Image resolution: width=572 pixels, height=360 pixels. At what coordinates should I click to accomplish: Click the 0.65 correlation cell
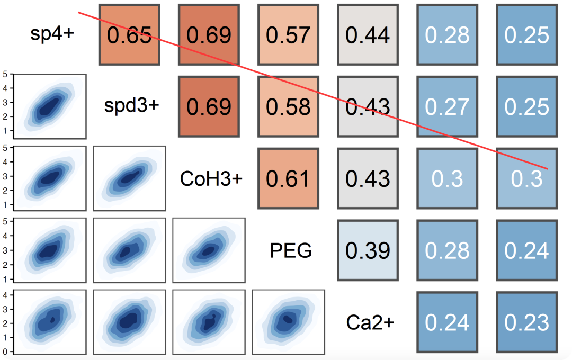pos(129,34)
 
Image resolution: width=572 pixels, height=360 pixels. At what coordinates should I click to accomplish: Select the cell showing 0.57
pos(288,34)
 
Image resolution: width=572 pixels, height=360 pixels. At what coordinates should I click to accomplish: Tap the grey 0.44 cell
pos(368,34)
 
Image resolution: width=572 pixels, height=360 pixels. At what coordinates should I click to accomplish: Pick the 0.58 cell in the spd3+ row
pos(288,106)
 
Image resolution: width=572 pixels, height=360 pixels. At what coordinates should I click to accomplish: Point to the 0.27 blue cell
pos(447,106)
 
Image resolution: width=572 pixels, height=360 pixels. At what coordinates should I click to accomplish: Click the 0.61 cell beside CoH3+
pos(288,178)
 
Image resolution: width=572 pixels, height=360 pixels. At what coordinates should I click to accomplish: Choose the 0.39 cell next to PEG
pos(368,250)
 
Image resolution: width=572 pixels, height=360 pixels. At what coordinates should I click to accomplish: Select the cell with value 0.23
pos(527,322)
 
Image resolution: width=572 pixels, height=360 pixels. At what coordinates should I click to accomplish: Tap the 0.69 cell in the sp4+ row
pos(209,34)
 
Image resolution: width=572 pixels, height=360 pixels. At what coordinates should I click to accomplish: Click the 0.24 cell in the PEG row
pos(527,250)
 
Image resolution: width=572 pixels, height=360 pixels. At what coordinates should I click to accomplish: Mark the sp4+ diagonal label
pos(52,34)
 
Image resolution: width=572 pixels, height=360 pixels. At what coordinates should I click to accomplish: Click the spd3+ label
pos(132,106)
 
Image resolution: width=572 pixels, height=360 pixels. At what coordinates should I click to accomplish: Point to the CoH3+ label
pos(211,178)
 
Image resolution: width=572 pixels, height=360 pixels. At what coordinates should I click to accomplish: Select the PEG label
pos(291,250)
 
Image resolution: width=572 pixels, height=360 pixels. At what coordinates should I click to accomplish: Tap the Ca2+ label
pos(370,322)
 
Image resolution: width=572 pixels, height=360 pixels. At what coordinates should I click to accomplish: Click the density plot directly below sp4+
pos(50,106)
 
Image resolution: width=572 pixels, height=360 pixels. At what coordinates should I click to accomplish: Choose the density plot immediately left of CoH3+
pos(130,178)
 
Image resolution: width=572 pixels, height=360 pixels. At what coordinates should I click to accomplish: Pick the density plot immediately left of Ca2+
pos(288,322)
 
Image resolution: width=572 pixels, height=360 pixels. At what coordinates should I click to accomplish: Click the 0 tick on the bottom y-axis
pos(5,352)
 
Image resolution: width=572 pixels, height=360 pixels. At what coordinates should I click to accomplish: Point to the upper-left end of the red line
pos(78,12)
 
